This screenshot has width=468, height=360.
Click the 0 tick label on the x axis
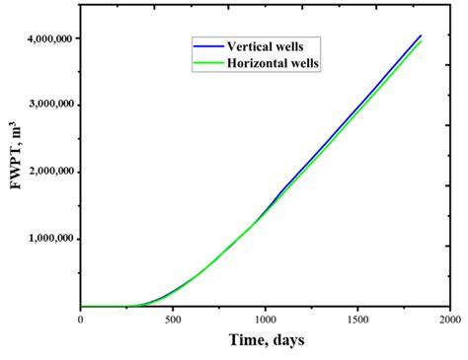click(81, 319)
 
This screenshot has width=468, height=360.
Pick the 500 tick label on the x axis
click(173, 319)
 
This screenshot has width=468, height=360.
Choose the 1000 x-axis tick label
click(265, 319)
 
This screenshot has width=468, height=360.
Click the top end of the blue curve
click(422, 36)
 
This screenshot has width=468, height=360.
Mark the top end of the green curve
click(422, 41)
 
